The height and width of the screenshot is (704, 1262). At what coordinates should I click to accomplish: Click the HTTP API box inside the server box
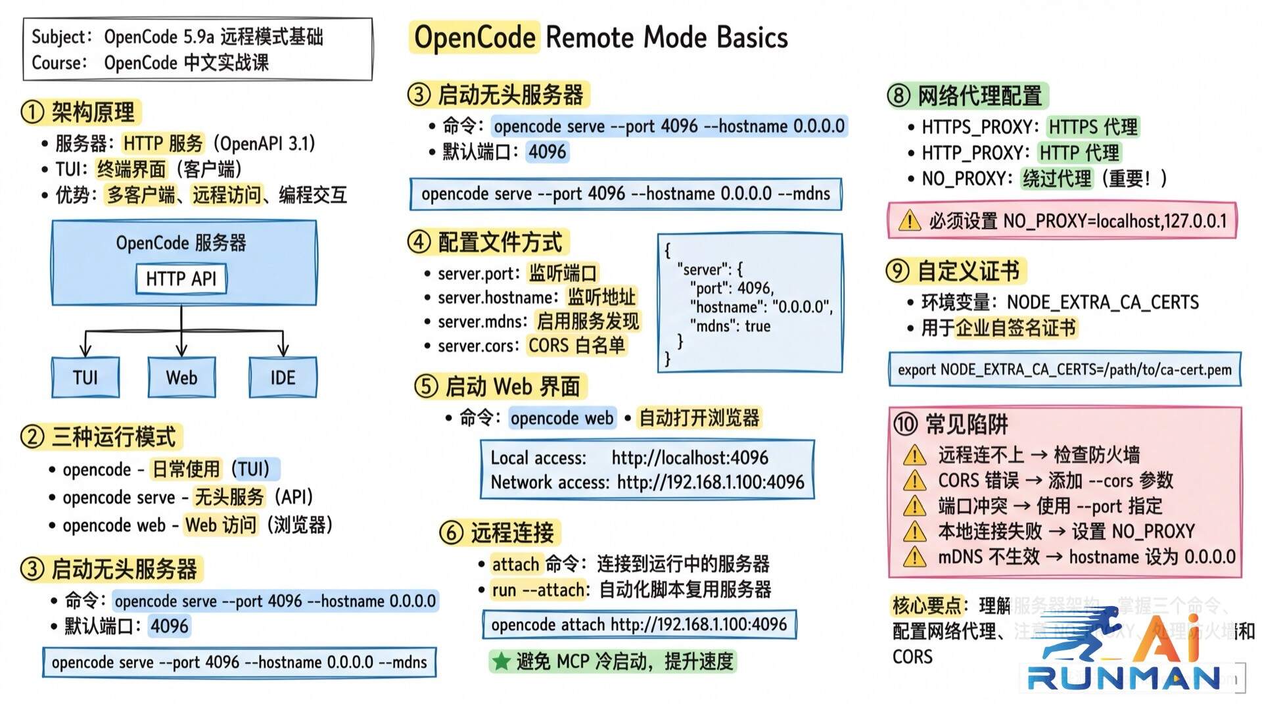pyautogui.click(x=181, y=279)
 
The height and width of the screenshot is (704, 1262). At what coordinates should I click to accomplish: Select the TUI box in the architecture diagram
pyautogui.click(x=85, y=377)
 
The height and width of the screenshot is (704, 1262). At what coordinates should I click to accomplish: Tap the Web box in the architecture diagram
pyautogui.click(x=181, y=377)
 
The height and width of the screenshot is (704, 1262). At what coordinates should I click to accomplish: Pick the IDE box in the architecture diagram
pyautogui.click(x=283, y=377)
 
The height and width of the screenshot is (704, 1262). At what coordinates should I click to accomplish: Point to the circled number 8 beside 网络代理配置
pyautogui.click(x=899, y=96)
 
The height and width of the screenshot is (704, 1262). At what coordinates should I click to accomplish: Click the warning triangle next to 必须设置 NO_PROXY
pyautogui.click(x=910, y=221)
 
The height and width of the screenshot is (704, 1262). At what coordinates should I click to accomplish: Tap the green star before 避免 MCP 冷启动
pyautogui.click(x=502, y=661)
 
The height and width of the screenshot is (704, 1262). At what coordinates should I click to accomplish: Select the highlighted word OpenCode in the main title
pyautogui.click(x=475, y=37)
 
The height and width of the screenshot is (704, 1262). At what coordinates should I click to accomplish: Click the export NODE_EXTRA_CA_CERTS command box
pyautogui.click(x=1064, y=369)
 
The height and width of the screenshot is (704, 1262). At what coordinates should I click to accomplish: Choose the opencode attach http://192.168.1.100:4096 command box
pyautogui.click(x=639, y=624)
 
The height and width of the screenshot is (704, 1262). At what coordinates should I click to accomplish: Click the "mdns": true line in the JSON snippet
pyautogui.click(x=730, y=326)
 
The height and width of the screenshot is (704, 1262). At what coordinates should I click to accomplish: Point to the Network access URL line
pyautogui.click(x=647, y=482)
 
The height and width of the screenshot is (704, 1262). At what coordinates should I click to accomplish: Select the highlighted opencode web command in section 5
pyautogui.click(x=562, y=418)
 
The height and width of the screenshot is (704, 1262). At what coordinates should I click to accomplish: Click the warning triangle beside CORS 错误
pyautogui.click(x=914, y=481)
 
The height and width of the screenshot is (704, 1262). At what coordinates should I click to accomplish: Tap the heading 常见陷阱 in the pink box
pyautogui.click(x=966, y=425)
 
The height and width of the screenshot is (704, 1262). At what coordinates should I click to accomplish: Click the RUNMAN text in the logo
pyautogui.click(x=1124, y=678)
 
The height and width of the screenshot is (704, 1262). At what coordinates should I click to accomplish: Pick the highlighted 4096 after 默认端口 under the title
pyautogui.click(x=547, y=152)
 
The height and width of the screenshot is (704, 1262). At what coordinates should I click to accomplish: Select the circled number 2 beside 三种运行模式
pyautogui.click(x=32, y=437)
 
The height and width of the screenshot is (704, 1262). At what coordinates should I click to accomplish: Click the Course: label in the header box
pyautogui.click(x=59, y=63)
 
